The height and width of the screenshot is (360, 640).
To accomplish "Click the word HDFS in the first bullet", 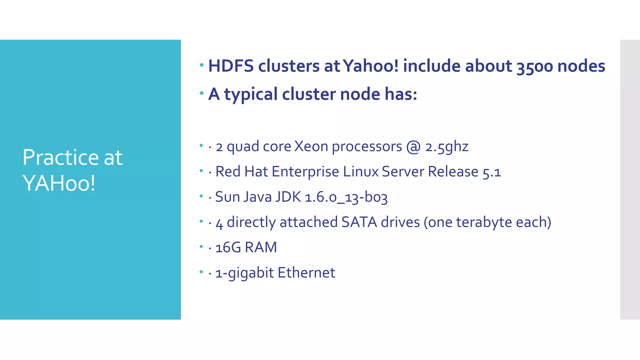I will (x=231, y=66).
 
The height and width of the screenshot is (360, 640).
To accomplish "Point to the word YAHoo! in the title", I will (x=59, y=183).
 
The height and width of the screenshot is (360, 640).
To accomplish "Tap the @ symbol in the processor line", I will (x=413, y=147).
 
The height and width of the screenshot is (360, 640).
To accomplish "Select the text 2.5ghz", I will (x=447, y=147).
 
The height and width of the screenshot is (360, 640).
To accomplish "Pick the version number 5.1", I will (x=492, y=172).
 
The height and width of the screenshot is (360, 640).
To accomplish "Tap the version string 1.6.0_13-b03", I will (x=346, y=197).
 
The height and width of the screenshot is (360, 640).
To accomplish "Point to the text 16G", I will (x=228, y=247).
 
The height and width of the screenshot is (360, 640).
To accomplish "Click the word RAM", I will (x=261, y=247).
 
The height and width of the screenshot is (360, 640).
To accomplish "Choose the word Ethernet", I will (x=306, y=272).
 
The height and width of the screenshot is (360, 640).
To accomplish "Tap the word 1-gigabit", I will (x=245, y=273).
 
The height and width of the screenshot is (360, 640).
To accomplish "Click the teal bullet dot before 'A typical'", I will (x=202, y=93).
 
